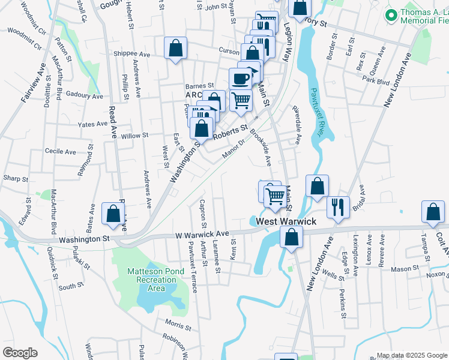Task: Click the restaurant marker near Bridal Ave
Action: [338, 208]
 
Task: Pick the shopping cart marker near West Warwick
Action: [275, 195]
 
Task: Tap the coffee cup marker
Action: [241, 79]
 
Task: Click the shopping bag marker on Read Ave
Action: [113, 213]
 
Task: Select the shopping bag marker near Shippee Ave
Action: [175, 49]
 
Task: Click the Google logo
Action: [20, 353]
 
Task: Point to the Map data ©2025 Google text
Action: [412, 355]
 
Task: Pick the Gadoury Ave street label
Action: [85, 95]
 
